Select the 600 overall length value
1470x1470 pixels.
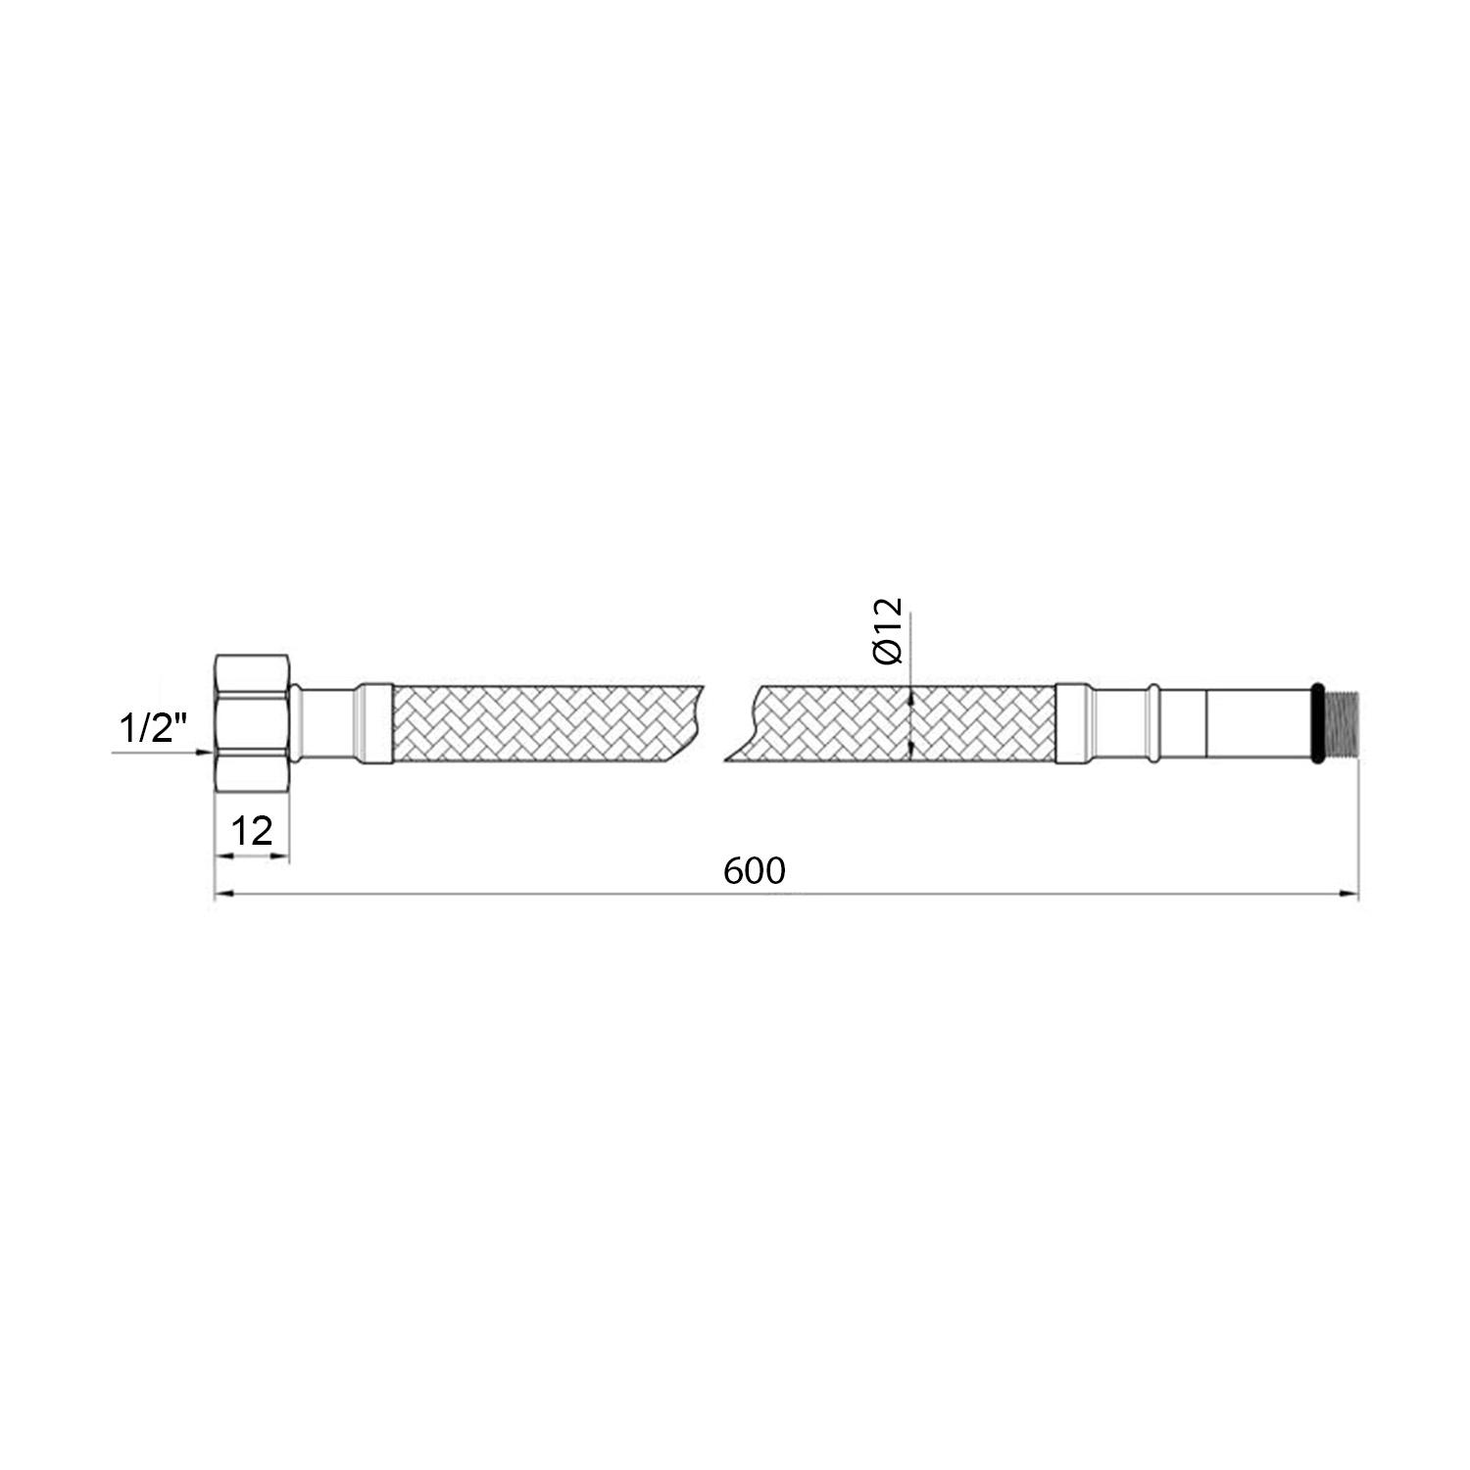[x=755, y=870]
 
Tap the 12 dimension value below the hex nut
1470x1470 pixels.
[x=252, y=831]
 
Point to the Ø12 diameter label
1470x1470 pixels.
[x=888, y=632]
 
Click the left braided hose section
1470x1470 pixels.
[x=539, y=722]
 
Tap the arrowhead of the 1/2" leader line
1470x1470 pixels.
[x=207, y=753]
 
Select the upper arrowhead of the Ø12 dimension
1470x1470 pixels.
[x=911, y=697]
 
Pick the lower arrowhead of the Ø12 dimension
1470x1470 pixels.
[x=911, y=749]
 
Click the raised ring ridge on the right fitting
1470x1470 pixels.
[x=1155, y=722]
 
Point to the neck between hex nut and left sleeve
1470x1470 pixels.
[x=323, y=722]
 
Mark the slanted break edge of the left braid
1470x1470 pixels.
[x=691, y=722]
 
